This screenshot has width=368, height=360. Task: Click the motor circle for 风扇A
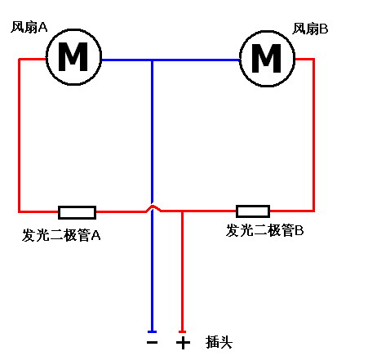coord(73,57)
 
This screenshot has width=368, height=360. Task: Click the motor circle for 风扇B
coord(265,58)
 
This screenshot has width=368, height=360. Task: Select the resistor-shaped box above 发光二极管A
coord(77,212)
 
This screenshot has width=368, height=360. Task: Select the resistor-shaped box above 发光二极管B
coord(252,211)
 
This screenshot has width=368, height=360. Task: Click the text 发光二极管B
coord(265,231)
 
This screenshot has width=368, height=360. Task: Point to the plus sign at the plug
coord(183,342)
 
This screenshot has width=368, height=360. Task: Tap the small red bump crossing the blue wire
coord(153,209)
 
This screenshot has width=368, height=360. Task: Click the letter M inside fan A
coord(73,57)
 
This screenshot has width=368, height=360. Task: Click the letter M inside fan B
coord(265,58)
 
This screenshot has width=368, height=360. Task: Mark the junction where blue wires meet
coord(153,60)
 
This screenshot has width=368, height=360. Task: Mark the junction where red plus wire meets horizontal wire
coord(182,211)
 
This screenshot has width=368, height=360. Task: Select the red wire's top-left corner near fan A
coord(20,59)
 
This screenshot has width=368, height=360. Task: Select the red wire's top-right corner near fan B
coord(314,59)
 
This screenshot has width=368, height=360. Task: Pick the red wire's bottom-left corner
coord(20,211)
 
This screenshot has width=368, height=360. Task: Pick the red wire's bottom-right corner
coord(314,211)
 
